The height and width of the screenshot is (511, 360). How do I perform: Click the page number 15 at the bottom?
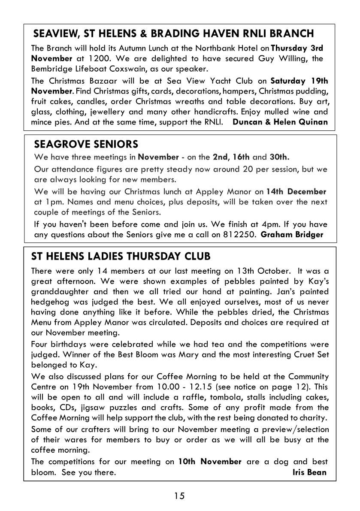coord(179,496)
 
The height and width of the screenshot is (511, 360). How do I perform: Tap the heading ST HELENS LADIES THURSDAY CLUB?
coord(121,257)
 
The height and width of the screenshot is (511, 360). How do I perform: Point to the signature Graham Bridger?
coord(291,234)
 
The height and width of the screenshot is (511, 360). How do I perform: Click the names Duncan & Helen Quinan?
coord(280,122)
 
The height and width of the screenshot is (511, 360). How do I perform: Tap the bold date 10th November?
coord(210,462)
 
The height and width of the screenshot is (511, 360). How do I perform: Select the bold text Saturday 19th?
coord(299,81)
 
